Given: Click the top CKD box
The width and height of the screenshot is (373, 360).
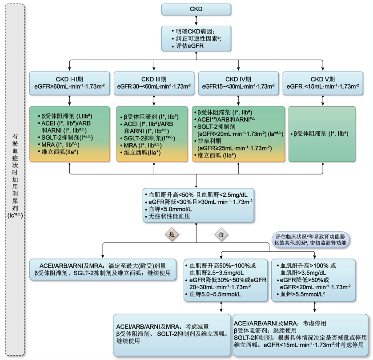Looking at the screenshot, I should pos(196,8).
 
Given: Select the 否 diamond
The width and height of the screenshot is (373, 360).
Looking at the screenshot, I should pos(221,234).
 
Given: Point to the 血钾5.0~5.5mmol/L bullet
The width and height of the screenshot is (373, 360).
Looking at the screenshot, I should pos(215,294).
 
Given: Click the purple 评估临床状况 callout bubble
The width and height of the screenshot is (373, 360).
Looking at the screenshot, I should pos(309,240).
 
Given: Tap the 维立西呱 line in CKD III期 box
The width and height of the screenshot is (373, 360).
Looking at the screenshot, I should pos(142,153).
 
